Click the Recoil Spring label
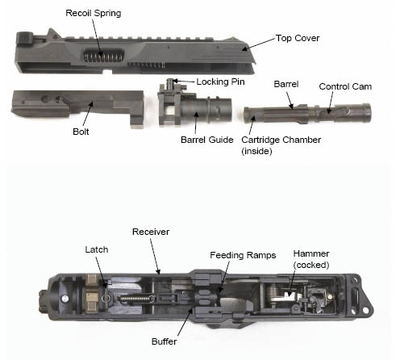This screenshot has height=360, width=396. [x=94, y=13]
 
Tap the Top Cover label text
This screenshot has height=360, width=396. [x=298, y=38]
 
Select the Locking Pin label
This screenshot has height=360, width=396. [x=220, y=82]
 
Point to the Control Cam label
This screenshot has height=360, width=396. [x=345, y=86]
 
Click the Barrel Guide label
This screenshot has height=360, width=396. [x=207, y=140]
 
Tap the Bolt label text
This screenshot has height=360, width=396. [x=81, y=132]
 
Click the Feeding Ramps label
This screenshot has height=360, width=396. [x=243, y=255]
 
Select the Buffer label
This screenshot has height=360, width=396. [x=164, y=341]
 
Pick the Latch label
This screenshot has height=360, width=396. [x=97, y=249]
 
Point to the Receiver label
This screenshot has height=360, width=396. [x=151, y=232]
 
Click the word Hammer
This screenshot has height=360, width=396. [x=311, y=253]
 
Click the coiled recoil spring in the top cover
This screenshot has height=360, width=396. [x=103, y=57]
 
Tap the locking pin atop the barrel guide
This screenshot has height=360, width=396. [x=169, y=83]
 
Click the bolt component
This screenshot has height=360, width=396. [x=78, y=107]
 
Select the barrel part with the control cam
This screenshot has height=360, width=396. [x=307, y=113]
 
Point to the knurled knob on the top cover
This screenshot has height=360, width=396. [x=25, y=38]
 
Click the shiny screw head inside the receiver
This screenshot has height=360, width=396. [x=65, y=299]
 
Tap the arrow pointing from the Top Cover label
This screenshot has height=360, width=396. [x=259, y=44]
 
